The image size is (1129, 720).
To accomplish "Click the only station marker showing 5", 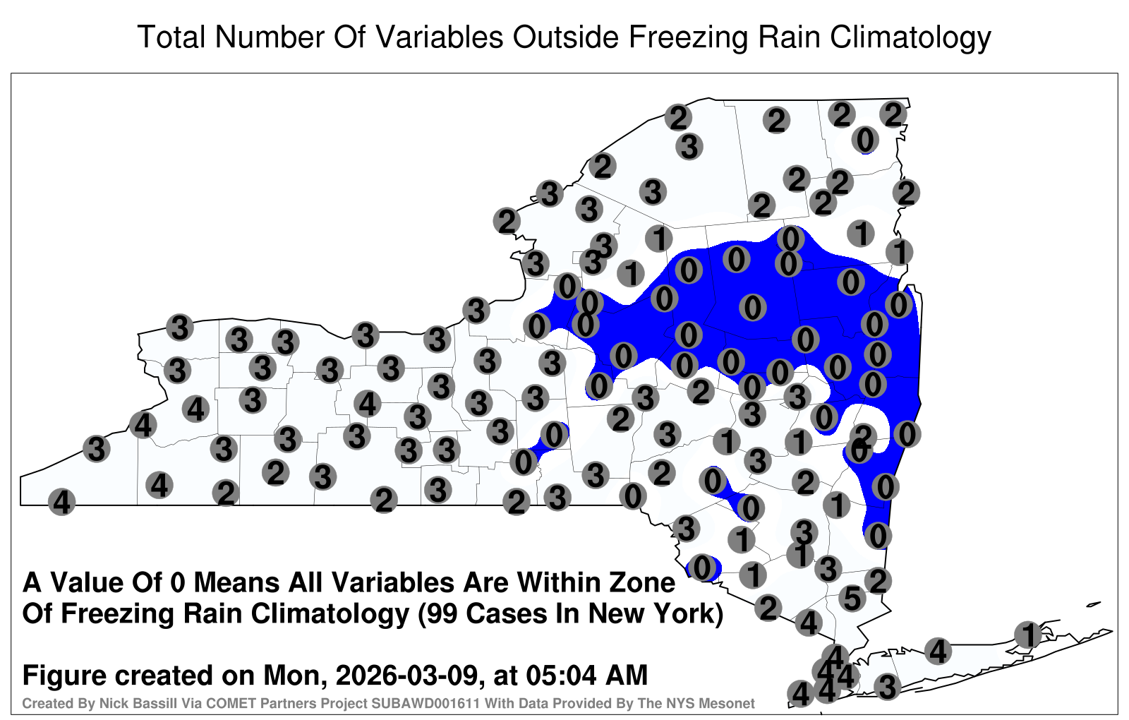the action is click(x=852, y=599).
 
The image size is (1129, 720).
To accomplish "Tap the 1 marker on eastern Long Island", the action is click(x=1027, y=635).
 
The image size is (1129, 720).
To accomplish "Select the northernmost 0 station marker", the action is click(x=865, y=140).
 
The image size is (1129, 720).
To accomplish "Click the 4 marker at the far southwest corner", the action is click(x=61, y=502).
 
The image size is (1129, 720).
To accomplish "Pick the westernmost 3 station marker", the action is click(x=96, y=448).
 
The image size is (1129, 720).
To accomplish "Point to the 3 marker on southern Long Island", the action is click(x=887, y=687).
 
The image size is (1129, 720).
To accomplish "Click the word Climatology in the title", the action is click(x=910, y=37).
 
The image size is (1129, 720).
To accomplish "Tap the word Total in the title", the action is click(x=171, y=37).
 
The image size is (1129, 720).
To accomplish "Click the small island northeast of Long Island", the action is click(x=1093, y=604).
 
